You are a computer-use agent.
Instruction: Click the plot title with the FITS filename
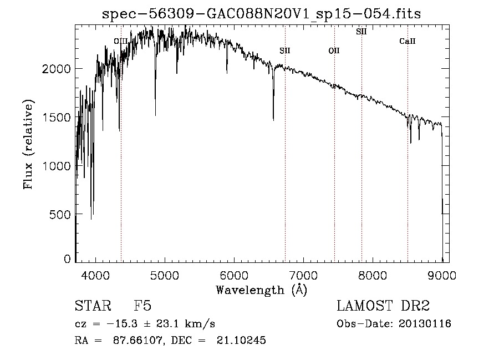(x=262, y=14)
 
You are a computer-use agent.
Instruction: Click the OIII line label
(x=120, y=42)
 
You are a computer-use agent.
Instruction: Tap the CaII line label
(x=408, y=42)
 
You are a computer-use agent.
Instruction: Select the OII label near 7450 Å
(x=334, y=51)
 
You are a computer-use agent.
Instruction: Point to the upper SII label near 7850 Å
(x=361, y=32)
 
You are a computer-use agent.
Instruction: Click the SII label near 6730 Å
(x=285, y=51)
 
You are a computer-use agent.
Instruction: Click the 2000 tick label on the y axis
(x=58, y=69)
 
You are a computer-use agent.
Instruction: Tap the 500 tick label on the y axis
(x=61, y=214)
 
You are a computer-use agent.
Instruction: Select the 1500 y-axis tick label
(x=58, y=118)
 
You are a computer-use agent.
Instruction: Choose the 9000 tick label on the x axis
(x=442, y=275)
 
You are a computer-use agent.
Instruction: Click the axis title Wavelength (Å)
(x=261, y=290)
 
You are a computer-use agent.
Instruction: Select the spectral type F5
(x=142, y=306)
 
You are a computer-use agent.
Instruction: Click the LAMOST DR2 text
(x=383, y=306)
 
